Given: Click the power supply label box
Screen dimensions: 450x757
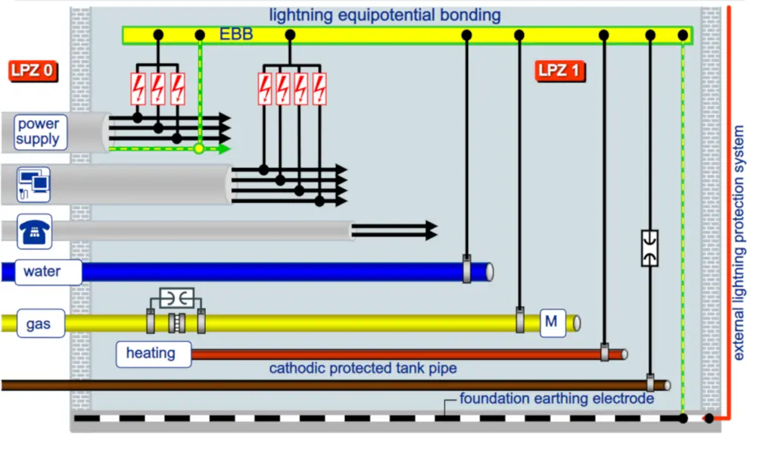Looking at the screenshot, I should click(38, 132).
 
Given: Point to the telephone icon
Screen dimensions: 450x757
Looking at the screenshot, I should click(34, 231).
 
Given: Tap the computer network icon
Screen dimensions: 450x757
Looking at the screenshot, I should click(34, 185).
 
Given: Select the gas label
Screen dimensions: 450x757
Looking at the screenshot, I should click(38, 323).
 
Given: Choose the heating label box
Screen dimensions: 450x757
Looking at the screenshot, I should click(151, 353).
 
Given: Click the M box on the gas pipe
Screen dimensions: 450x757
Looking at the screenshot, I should click(551, 322).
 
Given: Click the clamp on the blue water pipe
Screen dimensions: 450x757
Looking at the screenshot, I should click(467, 270).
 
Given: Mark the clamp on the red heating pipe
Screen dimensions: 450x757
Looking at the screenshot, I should click(605, 353).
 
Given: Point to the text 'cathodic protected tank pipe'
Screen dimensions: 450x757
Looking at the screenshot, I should click(363, 369).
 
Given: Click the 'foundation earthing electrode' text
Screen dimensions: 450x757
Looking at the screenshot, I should click(556, 398).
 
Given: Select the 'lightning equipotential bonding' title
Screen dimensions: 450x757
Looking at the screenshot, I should click(385, 14).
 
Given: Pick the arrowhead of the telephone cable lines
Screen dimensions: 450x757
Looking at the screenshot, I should click(431, 230).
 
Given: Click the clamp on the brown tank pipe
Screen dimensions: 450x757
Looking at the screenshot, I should click(650, 383).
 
